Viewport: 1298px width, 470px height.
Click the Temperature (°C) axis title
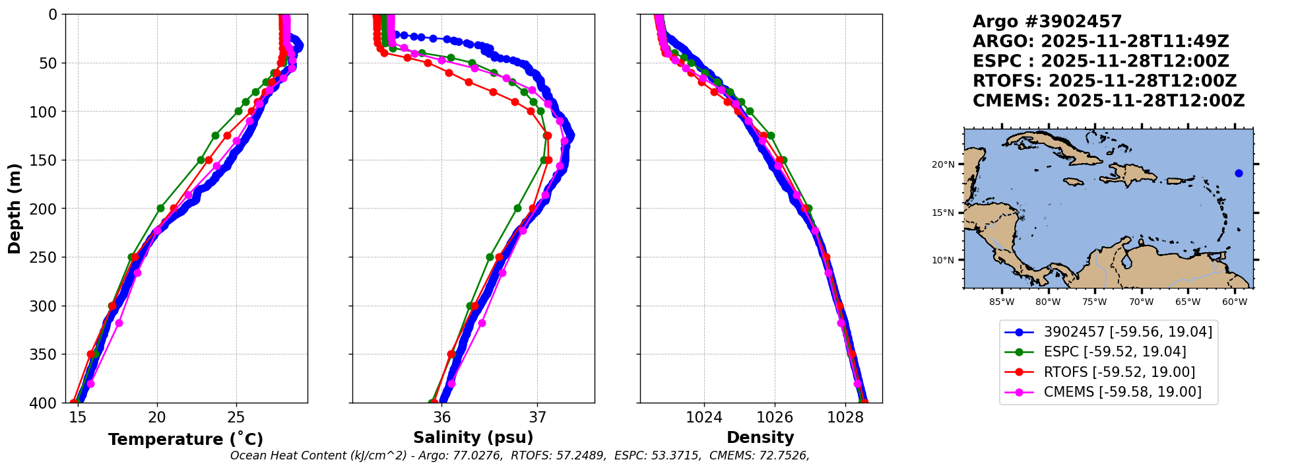click(x=185, y=440)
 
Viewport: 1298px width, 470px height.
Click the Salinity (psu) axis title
click(x=473, y=438)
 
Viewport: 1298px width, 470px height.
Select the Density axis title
click(x=760, y=438)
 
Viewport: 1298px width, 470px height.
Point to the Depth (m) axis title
click(x=15, y=209)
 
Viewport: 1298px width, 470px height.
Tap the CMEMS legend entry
click(x=1122, y=392)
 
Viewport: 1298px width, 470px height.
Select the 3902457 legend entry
click(x=1128, y=332)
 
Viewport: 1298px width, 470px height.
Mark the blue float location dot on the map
click(x=1239, y=174)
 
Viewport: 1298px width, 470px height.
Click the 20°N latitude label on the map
click(x=943, y=164)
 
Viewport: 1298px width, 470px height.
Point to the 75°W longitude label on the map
click(x=1094, y=302)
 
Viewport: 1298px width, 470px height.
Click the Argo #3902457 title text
click(x=1047, y=22)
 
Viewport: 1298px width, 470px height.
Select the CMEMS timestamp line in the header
click(x=1109, y=101)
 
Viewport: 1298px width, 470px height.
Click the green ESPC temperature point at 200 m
click(x=160, y=209)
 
